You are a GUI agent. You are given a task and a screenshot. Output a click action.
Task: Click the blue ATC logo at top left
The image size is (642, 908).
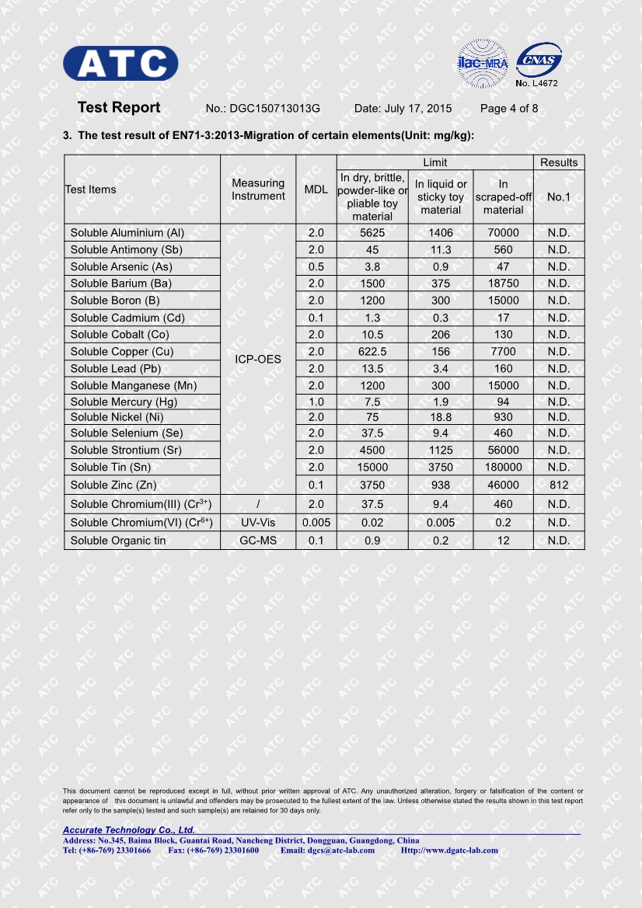pos(120,63)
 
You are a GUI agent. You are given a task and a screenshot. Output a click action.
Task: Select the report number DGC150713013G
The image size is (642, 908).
pos(274,109)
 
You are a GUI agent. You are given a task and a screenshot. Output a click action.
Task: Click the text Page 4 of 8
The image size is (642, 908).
pos(509,109)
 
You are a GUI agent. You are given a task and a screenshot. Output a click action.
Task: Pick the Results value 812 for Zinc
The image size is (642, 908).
pos(558,485)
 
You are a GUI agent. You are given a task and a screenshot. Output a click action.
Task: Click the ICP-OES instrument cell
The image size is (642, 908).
pos(258,360)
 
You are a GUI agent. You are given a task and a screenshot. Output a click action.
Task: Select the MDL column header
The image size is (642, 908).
pos(316,190)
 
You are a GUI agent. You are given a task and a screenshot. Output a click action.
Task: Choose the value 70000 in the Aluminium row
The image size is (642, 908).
pos(503,233)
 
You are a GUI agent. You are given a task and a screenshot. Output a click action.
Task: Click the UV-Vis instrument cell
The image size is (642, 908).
pos(258,523)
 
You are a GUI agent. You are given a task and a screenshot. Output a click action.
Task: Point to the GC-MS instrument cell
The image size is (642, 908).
pos(258,541)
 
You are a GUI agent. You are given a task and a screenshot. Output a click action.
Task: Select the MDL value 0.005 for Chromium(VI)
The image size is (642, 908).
pos(316,523)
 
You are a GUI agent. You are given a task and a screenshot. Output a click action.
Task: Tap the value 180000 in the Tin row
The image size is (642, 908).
pos(503,468)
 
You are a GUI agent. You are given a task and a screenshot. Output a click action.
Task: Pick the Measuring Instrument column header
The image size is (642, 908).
pos(258,190)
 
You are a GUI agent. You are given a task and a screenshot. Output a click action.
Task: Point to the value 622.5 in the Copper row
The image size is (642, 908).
pos(372,352)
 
